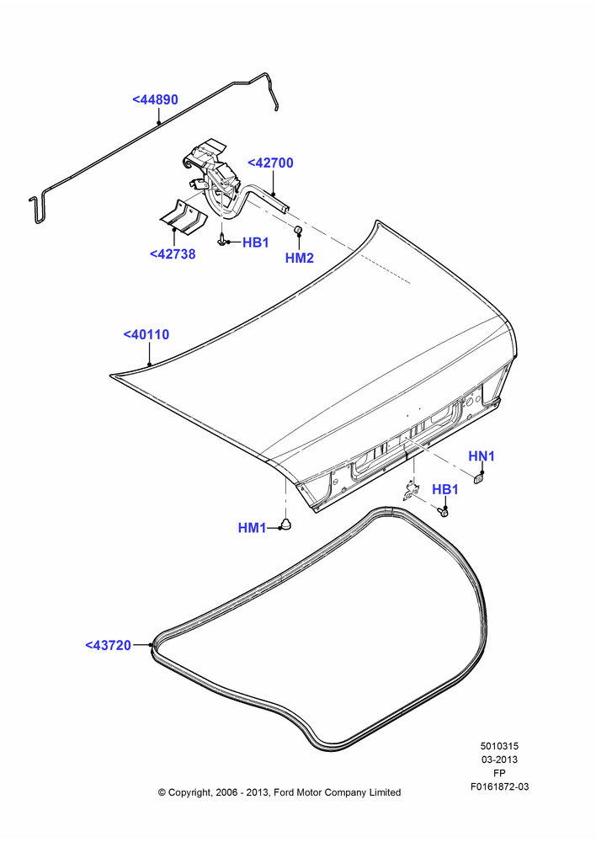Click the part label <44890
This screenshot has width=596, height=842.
155,100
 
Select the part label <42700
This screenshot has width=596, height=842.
270,163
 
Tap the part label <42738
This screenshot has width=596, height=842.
173,254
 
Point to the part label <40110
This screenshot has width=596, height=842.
146,334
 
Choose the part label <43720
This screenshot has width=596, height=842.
108,645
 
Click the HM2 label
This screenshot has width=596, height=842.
299,258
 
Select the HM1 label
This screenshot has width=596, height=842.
252,528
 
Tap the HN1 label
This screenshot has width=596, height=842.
482,456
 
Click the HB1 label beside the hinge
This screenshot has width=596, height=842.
256,242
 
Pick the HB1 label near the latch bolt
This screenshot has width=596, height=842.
445,489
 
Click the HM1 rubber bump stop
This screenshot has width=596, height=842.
288,525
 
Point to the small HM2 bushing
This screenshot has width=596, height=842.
299,231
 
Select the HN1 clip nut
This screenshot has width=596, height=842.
479,477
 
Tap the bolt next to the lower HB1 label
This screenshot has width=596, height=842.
443,512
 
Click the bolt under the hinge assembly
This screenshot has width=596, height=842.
221,239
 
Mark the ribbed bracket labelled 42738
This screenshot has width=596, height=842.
184,217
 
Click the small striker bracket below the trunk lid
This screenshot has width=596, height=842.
411,492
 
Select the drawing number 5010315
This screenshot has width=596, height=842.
499,746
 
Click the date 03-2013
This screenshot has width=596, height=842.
499,759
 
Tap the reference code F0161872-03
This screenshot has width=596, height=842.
499,786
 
